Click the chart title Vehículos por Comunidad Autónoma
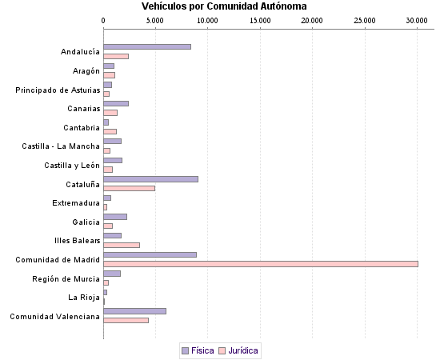click(x=223, y=6)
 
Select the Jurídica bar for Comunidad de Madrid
click(x=261, y=264)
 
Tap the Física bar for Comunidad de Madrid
click(x=150, y=254)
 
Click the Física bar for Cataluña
click(x=150, y=178)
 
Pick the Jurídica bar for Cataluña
click(x=129, y=188)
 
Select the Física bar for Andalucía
click(x=147, y=46)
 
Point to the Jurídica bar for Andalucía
click(x=116, y=56)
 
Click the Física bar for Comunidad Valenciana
click(x=134, y=311)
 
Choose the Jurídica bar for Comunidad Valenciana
click(x=126, y=320)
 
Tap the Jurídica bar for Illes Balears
click(x=122, y=245)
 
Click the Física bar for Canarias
click(x=116, y=103)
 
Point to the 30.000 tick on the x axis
click(x=417, y=19)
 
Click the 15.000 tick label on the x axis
click(x=260, y=19)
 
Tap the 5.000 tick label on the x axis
click(x=156, y=19)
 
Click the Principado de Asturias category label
click(x=58, y=90)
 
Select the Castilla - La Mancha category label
click(x=61, y=146)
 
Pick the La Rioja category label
click(x=84, y=298)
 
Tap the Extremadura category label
click(x=76, y=203)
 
